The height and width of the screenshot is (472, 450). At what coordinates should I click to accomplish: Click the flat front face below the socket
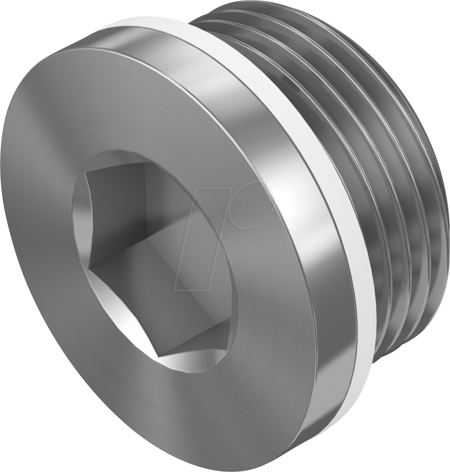[139, 406]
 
